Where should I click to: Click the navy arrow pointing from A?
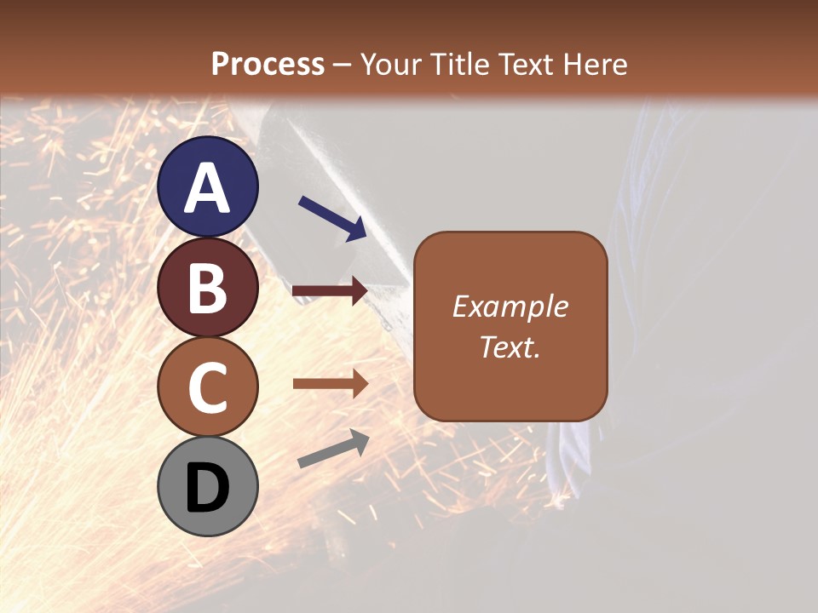(332, 218)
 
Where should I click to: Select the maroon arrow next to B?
(330, 291)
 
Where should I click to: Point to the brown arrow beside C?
(330, 384)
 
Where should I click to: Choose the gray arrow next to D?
(333, 449)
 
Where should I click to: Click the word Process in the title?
(268, 64)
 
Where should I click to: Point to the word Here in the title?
(599, 64)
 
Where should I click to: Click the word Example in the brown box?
(510, 306)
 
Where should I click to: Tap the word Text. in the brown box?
(510, 347)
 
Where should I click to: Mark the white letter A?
(208, 189)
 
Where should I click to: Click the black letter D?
(208, 489)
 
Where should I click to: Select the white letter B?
(208, 288)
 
